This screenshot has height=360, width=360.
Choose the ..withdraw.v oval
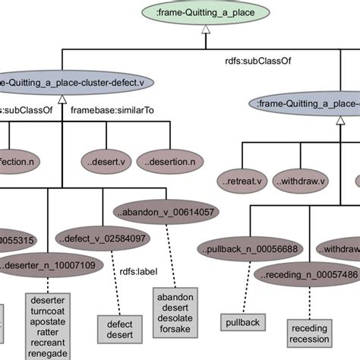coord(301,182)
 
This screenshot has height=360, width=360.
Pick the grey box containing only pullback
coord(242,323)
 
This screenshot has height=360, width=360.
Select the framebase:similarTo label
coord(112,110)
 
